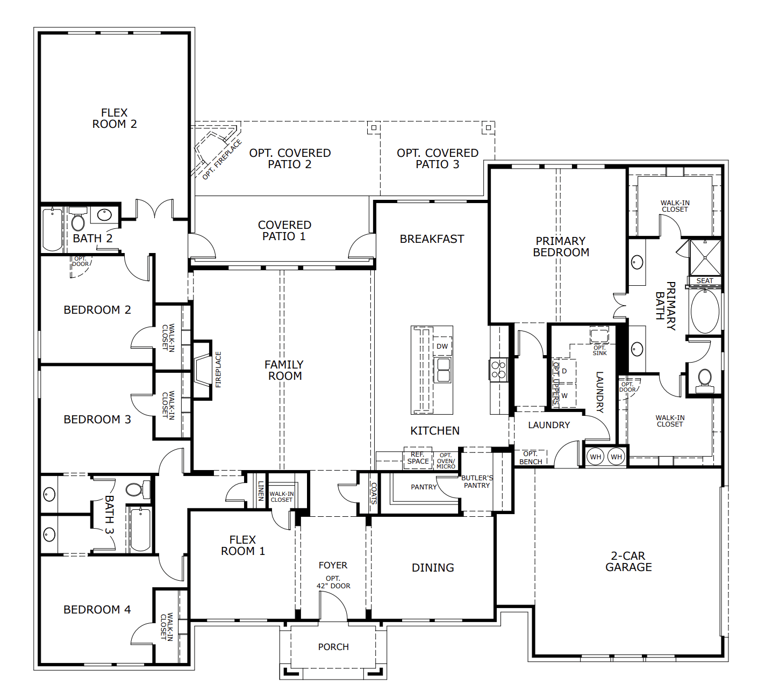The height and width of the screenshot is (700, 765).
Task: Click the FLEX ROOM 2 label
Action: click(115, 118)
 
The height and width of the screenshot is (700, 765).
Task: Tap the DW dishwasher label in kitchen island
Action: click(442, 347)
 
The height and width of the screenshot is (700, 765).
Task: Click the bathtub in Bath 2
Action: click(53, 229)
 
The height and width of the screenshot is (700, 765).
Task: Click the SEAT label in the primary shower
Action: click(704, 281)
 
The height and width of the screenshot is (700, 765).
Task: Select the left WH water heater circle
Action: click(596, 457)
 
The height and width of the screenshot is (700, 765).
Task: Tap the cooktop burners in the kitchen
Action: click(498, 370)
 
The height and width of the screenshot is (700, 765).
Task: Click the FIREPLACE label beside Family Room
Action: click(218, 370)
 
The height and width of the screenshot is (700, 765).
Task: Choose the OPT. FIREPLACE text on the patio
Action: click(222, 160)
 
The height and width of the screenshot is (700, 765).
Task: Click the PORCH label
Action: click(333, 647)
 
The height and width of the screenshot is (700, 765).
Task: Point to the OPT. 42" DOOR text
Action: click(333, 582)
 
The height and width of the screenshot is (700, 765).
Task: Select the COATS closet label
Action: click(374, 493)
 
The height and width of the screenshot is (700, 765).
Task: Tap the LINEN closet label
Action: click(261, 490)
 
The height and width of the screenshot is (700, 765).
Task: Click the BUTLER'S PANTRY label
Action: click(477, 481)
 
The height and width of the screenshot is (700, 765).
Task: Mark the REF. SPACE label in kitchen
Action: click(418, 458)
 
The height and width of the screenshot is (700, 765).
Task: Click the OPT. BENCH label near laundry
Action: click(531, 458)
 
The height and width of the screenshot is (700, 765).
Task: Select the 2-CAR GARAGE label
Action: click(628, 561)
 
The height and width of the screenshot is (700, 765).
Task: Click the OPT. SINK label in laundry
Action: click(599, 350)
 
